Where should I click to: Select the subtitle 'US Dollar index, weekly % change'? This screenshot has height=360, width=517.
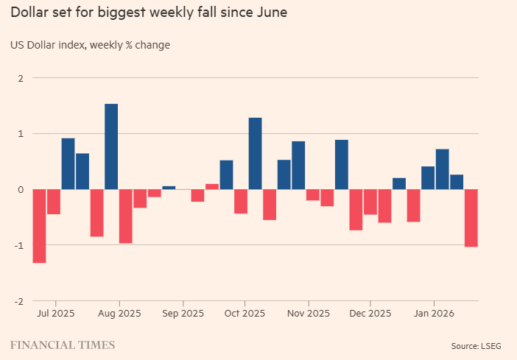90,46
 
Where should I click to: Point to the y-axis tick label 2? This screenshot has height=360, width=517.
20,78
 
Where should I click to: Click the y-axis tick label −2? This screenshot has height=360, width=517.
18,301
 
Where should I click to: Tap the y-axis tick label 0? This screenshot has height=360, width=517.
20,189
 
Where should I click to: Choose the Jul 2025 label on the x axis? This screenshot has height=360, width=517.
55,313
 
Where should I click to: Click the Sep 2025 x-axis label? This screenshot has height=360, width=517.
183,313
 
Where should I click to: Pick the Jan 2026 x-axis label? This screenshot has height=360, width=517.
433,313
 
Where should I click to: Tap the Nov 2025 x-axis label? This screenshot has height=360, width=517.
309,313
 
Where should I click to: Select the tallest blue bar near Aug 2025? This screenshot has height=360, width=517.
111,147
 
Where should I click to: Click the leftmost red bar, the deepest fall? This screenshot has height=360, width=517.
39,225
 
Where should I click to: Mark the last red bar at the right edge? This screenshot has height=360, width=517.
471,217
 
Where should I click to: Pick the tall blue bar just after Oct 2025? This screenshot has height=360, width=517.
256,153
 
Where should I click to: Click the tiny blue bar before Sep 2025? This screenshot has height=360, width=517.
169,187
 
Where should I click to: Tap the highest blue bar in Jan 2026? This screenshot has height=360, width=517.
443,169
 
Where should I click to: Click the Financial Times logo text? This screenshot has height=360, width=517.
62,344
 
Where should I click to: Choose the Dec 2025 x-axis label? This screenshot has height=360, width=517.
370,313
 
